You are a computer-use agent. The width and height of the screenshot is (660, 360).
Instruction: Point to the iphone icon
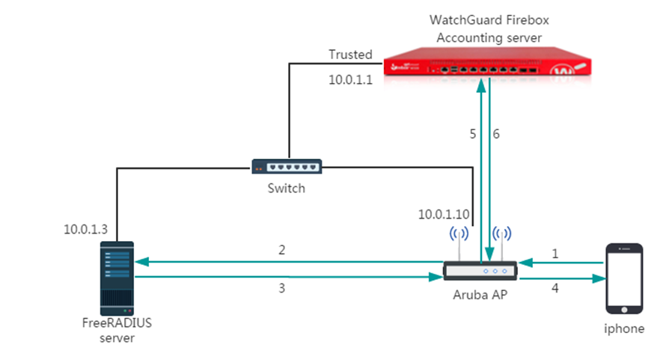click(x=624, y=278)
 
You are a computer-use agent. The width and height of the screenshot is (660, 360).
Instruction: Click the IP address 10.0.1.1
click(x=350, y=79)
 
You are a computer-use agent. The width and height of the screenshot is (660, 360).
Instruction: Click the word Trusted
click(x=350, y=55)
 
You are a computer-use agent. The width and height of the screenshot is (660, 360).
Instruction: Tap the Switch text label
click(x=286, y=189)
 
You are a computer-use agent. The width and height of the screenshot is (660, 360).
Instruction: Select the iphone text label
click(x=624, y=328)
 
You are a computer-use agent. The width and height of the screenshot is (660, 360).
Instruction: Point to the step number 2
click(x=282, y=250)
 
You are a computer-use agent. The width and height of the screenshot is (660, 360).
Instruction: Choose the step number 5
click(x=472, y=134)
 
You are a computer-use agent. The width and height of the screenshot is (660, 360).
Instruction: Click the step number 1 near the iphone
click(x=554, y=254)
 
